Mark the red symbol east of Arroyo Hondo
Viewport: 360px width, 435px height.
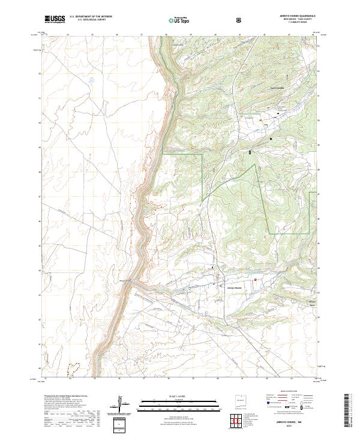254,279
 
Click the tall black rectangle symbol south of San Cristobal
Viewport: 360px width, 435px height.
250,152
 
